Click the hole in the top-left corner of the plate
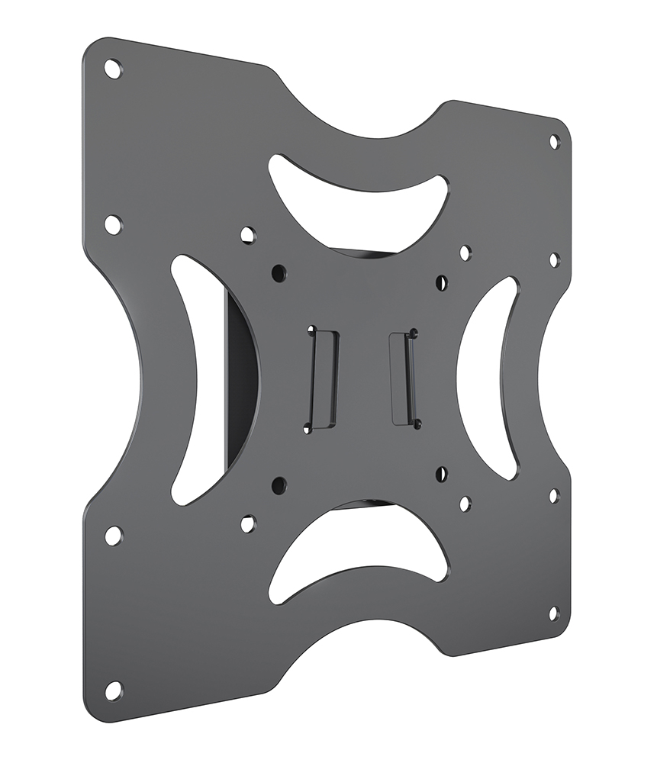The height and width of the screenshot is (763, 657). pyautogui.click(x=111, y=69)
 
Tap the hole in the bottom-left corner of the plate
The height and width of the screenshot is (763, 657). pyautogui.click(x=113, y=691)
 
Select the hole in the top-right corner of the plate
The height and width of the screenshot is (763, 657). pyautogui.click(x=554, y=142)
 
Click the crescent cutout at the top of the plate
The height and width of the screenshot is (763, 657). pyautogui.click(x=359, y=195)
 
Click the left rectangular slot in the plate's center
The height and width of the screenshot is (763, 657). pyautogui.click(x=320, y=379)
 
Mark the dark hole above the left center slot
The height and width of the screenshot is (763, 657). pyautogui.click(x=279, y=271)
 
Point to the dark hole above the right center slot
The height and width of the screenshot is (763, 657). pyautogui.click(x=442, y=282)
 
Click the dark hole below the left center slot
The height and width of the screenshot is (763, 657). pyautogui.click(x=279, y=484)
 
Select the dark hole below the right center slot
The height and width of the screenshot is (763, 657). pyautogui.click(x=442, y=474)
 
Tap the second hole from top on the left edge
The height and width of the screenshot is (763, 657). pyautogui.click(x=112, y=225)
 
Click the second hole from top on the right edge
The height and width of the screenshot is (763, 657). pyautogui.click(x=554, y=260)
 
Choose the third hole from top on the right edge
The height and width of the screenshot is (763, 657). pyautogui.click(x=554, y=495)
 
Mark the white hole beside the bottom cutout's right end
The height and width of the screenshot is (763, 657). pyautogui.click(x=465, y=504)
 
